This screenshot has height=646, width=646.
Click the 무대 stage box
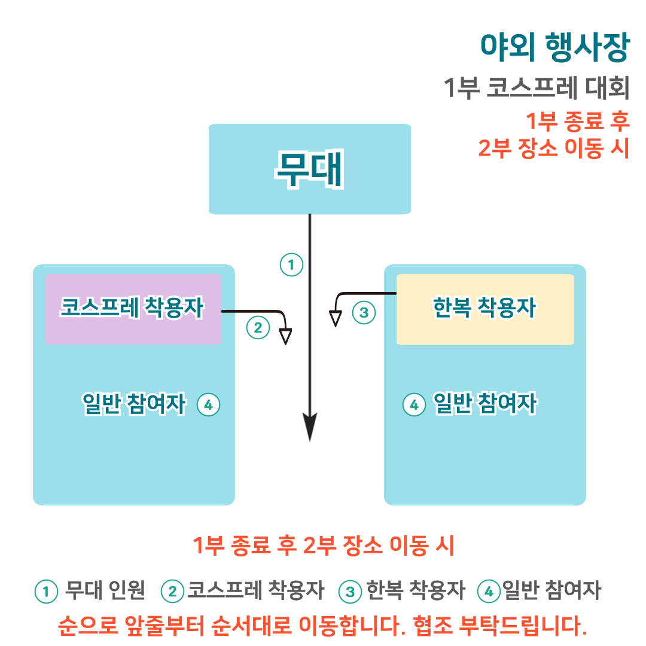(x=309, y=169)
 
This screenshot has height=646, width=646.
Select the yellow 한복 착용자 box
(x=484, y=309)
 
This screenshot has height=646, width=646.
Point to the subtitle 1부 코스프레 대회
(x=537, y=89)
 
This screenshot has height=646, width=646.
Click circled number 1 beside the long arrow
(x=291, y=264)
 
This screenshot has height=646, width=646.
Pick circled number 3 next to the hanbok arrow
(x=364, y=312)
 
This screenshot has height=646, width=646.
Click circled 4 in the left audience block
(x=208, y=405)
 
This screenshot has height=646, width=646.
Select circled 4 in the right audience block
(x=413, y=405)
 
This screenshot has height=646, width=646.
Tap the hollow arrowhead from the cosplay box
(x=286, y=336)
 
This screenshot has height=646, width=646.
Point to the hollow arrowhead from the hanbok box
(x=336, y=318)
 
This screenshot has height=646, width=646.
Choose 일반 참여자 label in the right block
(x=485, y=405)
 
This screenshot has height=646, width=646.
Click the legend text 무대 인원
(x=105, y=591)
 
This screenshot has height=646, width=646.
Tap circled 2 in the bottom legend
(x=173, y=592)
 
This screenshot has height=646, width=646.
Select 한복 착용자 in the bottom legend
(x=416, y=591)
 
